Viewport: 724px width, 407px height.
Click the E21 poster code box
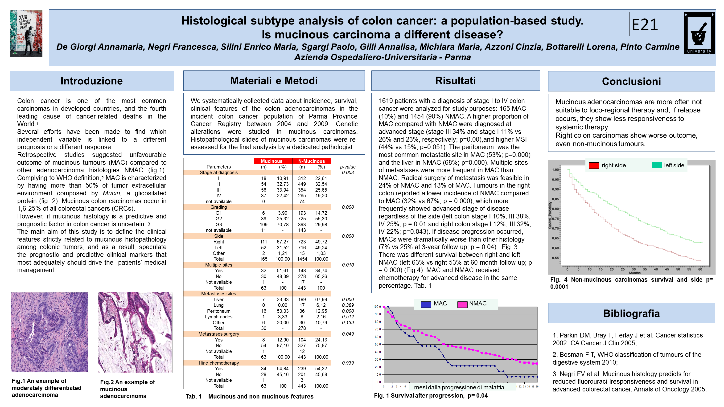(653, 24)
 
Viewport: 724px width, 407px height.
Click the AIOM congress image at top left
(26, 33)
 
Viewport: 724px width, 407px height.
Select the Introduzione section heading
(92, 81)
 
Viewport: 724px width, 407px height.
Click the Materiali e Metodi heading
(274, 81)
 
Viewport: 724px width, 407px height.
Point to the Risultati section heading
(455, 81)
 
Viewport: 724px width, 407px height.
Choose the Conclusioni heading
(631, 81)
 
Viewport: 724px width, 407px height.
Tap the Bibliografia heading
(631, 313)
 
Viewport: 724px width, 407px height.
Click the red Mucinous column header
(271, 161)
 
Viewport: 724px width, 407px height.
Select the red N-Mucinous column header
(311, 161)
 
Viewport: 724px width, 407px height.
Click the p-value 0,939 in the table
(348, 363)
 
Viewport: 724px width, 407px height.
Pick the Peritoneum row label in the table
(219, 311)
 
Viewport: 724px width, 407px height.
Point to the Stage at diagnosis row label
(219, 173)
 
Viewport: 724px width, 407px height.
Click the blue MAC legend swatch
(426, 304)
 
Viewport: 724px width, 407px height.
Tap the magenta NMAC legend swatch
(462, 304)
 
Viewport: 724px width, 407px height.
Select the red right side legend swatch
(594, 165)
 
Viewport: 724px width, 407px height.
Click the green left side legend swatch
(657, 165)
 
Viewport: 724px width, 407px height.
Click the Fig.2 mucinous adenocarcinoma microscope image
(135, 332)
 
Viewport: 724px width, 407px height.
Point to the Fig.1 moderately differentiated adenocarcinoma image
(49, 332)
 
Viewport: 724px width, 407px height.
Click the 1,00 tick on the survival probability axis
(555, 170)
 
